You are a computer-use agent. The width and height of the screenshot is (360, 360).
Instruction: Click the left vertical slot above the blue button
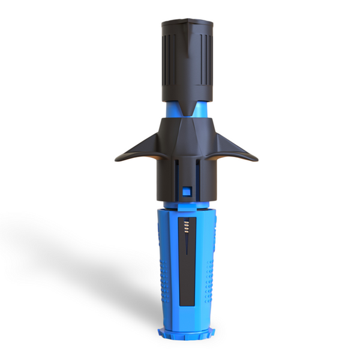point(178,171)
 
